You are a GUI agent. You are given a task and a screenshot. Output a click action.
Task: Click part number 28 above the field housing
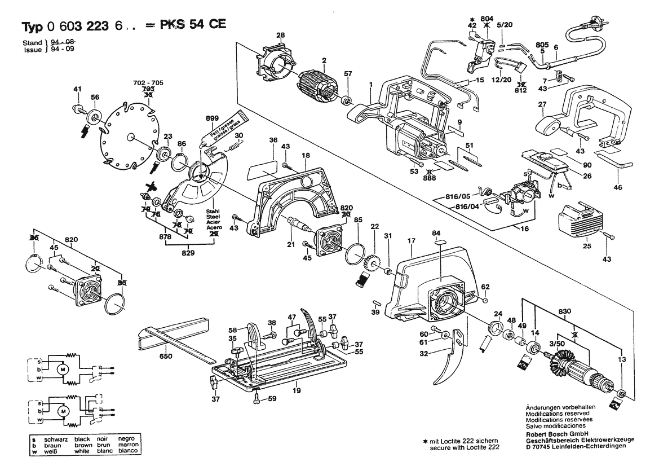pos(281,36)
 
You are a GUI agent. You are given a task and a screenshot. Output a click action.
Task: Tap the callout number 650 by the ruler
pos(166,357)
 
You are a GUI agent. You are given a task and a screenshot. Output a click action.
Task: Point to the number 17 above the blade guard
pos(412,240)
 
